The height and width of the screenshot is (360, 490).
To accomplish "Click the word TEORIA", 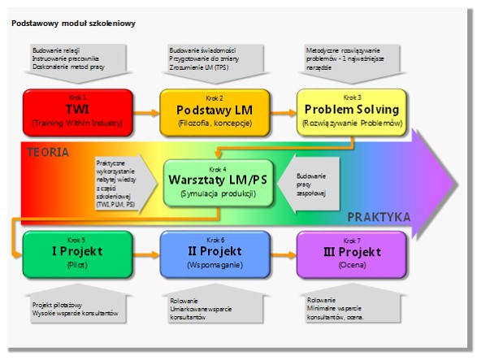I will (48, 152).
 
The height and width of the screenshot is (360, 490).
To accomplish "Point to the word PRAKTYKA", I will (379, 217).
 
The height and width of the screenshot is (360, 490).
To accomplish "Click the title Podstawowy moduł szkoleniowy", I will (73, 23).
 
